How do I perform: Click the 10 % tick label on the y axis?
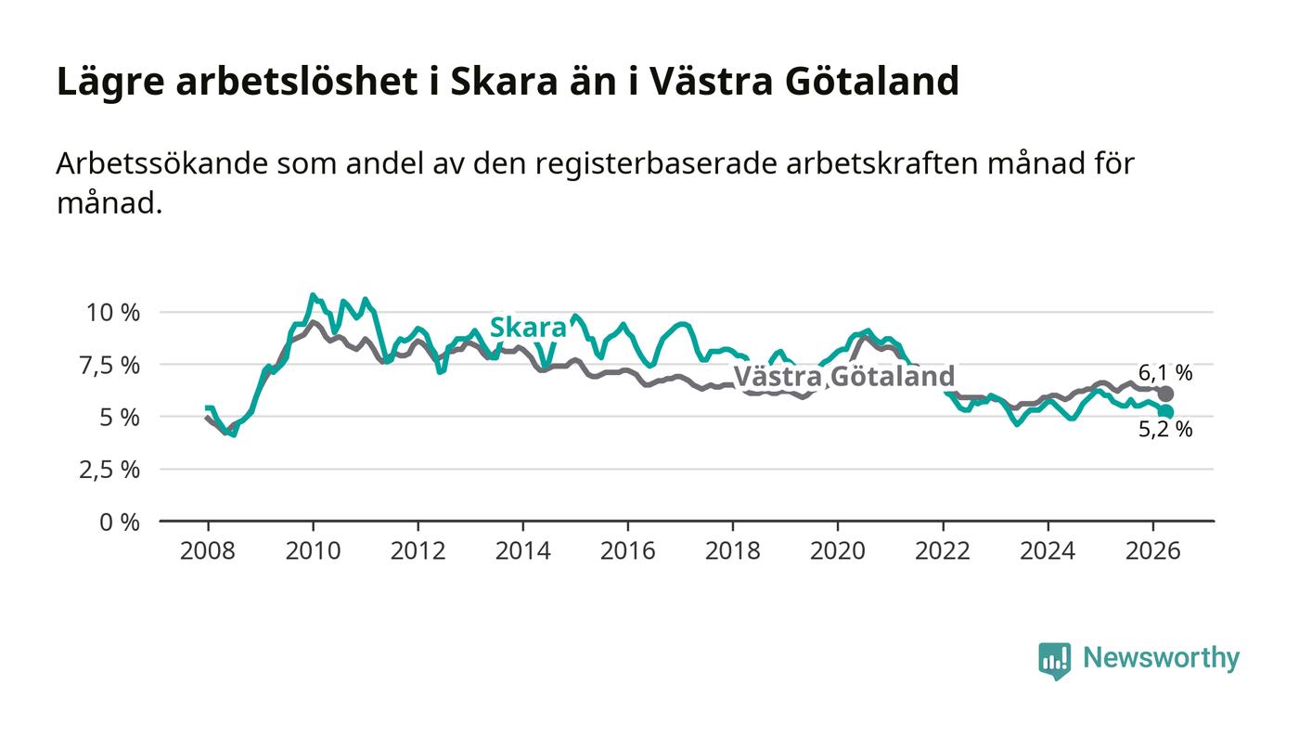[x=113, y=313]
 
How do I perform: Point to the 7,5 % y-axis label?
[x=110, y=366]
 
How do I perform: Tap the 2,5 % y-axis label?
[x=110, y=470]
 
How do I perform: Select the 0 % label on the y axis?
[x=120, y=523]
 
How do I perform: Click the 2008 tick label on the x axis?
[x=208, y=550]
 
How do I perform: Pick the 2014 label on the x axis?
[x=522, y=550]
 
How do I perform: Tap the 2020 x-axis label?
[x=837, y=550]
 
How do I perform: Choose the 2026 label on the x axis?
[x=1152, y=550]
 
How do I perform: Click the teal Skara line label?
[x=528, y=328]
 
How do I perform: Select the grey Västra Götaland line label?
[x=844, y=376]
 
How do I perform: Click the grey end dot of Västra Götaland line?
[x=1165, y=394]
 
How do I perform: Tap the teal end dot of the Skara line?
[x=1165, y=412]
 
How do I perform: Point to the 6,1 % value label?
[x=1165, y=372]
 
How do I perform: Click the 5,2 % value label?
[x=1165, y=430]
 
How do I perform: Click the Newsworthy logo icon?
[x=1054, y=661]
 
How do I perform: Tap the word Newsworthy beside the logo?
[x=1161, y=658]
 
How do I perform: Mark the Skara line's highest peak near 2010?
[x=313, y=295]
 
